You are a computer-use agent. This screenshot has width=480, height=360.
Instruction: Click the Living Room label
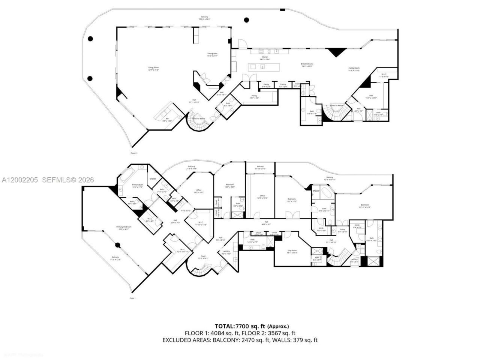[153, 67]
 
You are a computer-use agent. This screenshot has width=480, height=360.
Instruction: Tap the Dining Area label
[212, 54]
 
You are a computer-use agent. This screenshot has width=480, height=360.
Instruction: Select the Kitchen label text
[265, 57]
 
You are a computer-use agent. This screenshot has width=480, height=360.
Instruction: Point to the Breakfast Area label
[307, 64]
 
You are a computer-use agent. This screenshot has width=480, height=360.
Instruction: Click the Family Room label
[354, 68]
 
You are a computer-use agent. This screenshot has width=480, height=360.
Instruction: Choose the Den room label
[371, 96]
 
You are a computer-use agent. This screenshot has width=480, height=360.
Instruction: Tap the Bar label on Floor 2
[167, 119]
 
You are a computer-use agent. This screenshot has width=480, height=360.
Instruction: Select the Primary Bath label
[138, 184]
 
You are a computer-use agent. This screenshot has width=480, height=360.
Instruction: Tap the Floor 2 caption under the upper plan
[133, 153]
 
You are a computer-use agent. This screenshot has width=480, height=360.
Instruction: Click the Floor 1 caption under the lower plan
[132, 298]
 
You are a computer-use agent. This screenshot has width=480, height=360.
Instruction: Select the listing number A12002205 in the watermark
[19, 180]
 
